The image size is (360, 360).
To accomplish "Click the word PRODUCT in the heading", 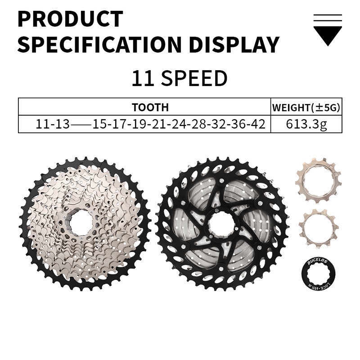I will click(x=70, y=19).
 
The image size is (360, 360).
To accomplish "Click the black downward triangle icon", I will click(x=327, y=36).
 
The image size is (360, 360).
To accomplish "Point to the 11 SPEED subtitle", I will click(x=179, y=78).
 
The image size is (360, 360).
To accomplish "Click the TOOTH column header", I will click(x=150, y=107).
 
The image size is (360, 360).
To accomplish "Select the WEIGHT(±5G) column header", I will click(x=306, y=108).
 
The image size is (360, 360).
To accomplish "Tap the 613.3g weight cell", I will click(x=306, y=124).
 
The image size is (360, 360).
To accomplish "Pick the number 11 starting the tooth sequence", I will click(x=43, y=124).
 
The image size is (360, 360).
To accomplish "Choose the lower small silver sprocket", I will click(x=318, y=225).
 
